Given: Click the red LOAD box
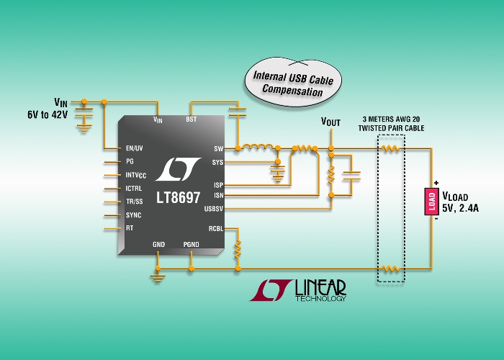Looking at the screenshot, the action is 432,202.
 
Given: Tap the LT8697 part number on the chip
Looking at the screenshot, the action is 179,197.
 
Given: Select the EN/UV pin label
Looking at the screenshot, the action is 135,148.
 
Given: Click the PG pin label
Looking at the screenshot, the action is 130,161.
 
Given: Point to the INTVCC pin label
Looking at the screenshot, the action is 135,175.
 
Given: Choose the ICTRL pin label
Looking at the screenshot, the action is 133,189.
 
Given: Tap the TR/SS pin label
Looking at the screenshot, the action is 135,202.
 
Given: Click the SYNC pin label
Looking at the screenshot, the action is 133,215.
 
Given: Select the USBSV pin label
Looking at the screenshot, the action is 213,209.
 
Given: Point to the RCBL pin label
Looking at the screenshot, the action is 216,228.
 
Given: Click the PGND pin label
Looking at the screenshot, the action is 191,245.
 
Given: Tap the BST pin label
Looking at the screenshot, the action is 191,120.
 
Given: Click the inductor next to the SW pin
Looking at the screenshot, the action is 258,147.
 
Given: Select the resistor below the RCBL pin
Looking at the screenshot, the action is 238,249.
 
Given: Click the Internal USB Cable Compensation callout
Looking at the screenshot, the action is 293,82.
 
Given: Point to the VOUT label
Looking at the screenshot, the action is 330,122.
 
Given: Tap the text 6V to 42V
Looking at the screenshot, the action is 48,114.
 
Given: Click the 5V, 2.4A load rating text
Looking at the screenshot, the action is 460,208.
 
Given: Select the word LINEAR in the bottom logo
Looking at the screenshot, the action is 320,287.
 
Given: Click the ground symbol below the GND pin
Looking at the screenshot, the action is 158,279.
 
